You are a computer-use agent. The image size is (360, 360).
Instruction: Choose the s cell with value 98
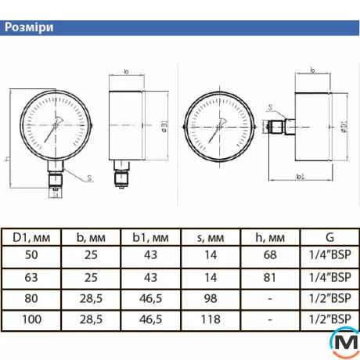click(x=210, y=298)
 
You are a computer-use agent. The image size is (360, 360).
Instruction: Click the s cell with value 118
click(x=210, y=319)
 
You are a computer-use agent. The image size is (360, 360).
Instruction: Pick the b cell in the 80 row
click(x=90, y=298)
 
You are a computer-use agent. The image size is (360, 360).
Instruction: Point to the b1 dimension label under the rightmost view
click(x=301, y=178)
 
